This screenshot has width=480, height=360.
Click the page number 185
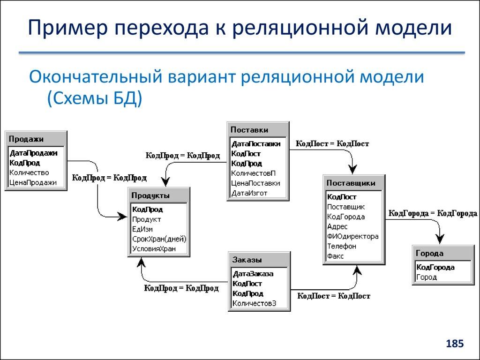[454, 344]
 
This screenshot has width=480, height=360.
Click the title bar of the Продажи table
[36, 139]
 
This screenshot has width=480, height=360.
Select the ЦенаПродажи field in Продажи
[33, 183]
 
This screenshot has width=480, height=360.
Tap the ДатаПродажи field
[33, 153]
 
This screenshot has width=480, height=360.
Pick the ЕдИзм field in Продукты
[142, 229]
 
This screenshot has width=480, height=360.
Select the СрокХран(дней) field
[159, 239]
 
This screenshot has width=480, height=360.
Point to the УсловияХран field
[154, 249]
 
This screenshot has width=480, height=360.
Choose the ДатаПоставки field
[256, 144]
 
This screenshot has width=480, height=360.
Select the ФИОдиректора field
[352, 236]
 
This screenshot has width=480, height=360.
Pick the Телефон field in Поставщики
[342, 246]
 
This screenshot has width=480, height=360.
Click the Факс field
[336, 256]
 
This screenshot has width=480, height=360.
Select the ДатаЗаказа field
[253, 274]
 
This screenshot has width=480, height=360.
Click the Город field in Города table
[427, 277]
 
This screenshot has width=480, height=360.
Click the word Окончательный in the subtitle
[93, 77]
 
